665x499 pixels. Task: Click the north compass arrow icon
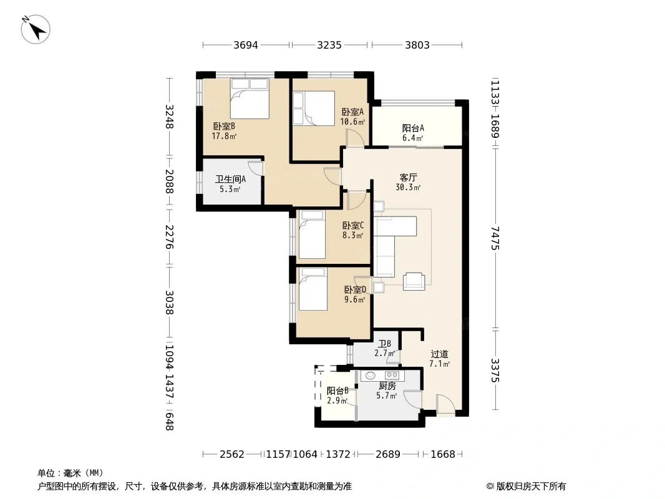(36, 30)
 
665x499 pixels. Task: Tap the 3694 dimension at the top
(246, 45)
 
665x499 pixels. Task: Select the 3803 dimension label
(417, 45)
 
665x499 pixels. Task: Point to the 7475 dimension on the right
(495, 238)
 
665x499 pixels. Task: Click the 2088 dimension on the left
(169, 181)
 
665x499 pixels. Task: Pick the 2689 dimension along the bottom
(387, 454)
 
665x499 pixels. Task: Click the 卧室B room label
(224, 126)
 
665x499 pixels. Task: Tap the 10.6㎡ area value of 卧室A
(352, 122)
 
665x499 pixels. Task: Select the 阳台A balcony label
(412, 128)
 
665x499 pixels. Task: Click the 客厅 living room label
(408, 177)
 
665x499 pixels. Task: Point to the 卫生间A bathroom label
(230, 180)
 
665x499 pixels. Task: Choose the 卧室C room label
(353, 226)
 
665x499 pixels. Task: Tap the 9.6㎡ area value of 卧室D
(354, 300)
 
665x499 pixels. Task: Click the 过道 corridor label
(439, 354)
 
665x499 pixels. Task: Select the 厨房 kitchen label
(387, 386)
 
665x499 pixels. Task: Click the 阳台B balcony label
(337, 391)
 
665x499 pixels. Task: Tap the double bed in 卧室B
(250, 99)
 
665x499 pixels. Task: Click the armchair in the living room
(414, 281)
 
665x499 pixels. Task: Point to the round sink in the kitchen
(371, 375)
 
